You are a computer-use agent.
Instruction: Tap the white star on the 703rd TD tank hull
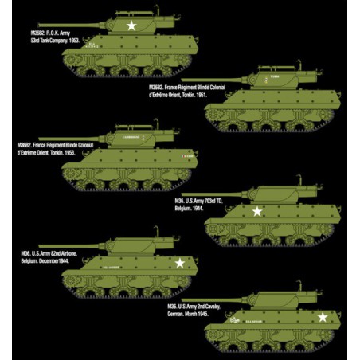[x=257, y=212]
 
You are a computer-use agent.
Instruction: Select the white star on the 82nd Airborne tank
[x=180, y=262]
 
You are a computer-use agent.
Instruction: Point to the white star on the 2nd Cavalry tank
[x=323, y=316]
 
